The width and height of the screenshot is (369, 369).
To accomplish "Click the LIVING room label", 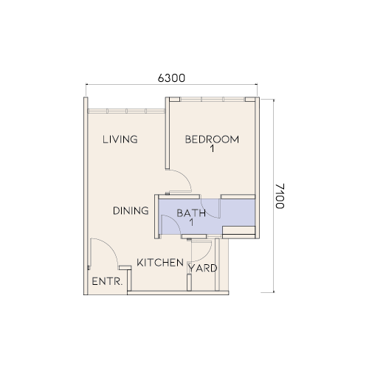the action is pyautogui.click(x=120, y=139).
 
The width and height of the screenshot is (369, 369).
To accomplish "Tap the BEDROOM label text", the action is pyautogui.click(x=212, y=139).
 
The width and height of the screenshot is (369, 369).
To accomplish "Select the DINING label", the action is pyautogui.click(x=131, y=211).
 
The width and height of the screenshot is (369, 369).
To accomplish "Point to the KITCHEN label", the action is pyautogui.click(x=160, y=263).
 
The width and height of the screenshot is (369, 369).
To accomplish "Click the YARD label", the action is pyautogui.click(x=203, y=268).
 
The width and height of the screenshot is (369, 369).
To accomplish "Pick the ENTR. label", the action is pyautogui.click(x=107, y=281).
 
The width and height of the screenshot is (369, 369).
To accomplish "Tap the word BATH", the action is pyautogui.click(x=191, y=213).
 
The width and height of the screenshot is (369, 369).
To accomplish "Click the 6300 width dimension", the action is pyautogui.click(x=171, y=78).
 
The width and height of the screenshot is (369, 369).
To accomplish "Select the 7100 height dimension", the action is pyautogui.click(x=280, y=196).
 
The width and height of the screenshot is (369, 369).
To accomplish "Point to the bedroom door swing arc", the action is pyautogui.click(x=185, y=178).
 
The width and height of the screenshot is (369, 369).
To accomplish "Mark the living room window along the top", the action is pyautogui.click(x=126, y=111).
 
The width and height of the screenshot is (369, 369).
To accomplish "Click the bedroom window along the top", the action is pyautogui.click(x=213, y=99).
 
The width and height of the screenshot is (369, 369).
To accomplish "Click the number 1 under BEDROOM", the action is pyautogui.click(x=212, y=149).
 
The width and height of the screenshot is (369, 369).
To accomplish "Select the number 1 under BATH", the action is pyautogui.click(x=191, y=223).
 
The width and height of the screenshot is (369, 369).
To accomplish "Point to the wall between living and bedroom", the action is pyautogui.click(x=168, y=133).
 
